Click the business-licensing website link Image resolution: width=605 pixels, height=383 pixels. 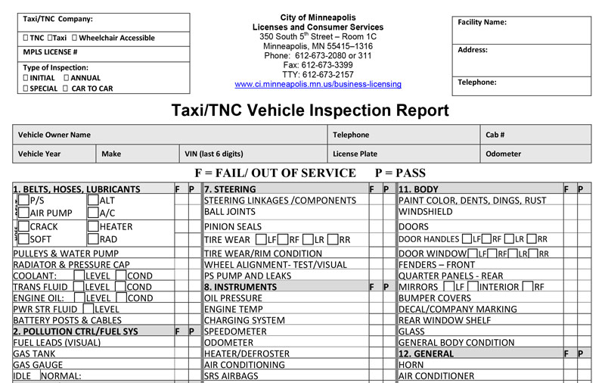tap(318, 84)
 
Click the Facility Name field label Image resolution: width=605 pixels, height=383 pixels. tap(482, 23)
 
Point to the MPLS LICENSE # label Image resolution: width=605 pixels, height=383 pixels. tap(50, 52)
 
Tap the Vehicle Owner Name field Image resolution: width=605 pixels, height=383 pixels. tap(54, 135)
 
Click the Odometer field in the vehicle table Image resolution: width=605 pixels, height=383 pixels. tap(503, 154)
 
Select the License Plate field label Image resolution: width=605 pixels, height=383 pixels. tap(355, 154)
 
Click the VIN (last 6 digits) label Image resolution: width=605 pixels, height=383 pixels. tap(214, 154)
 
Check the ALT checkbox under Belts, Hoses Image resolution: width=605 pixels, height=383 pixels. tap(92, 201)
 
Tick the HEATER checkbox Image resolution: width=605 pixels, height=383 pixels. tap(92, 226)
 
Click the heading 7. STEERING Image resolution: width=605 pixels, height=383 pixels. tap(231, 189)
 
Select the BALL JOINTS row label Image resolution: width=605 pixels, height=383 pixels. tap(230, 212)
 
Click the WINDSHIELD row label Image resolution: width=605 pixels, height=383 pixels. tap(425, 212)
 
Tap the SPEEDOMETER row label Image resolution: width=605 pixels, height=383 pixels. tap(235, 331)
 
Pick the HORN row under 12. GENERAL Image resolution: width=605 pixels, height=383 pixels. tap(411, 364)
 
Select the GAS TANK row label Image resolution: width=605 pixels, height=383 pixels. tap(34, 353)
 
